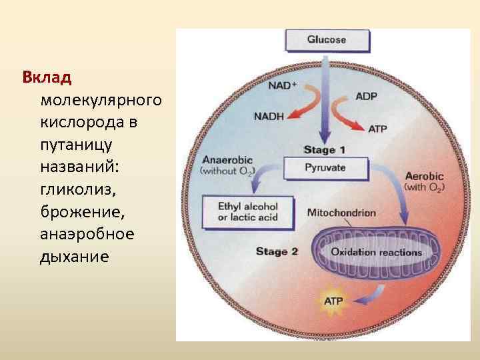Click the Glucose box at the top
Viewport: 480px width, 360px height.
[327, 40]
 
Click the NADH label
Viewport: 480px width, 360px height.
[269, 116]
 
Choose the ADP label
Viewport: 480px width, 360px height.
[366, 97]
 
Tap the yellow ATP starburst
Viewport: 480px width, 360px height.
[333, 301]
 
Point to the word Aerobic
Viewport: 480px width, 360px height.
[425, 176]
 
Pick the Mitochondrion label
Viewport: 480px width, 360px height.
[341, 213]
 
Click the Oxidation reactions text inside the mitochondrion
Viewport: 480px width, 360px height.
[377, 253]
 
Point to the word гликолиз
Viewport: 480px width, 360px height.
[77, 191]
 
